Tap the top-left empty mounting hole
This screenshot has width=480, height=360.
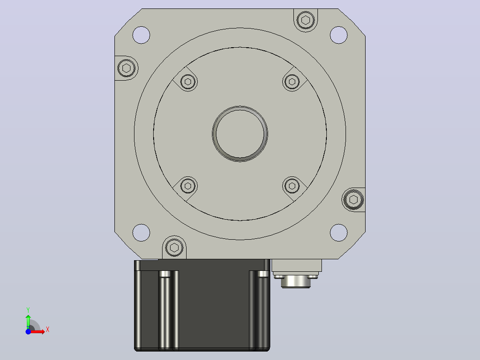(141, 35)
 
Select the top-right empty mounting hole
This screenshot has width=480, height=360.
(338, 35)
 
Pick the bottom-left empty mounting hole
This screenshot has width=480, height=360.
(141, 233)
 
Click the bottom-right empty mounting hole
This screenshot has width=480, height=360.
(338, 233)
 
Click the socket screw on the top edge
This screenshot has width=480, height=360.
(305, 20)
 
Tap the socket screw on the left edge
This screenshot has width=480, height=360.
(126, 68)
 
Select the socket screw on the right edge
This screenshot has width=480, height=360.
(354, 200)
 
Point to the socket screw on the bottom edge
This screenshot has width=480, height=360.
(174, 248)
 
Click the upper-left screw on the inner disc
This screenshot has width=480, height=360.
(188, 82)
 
